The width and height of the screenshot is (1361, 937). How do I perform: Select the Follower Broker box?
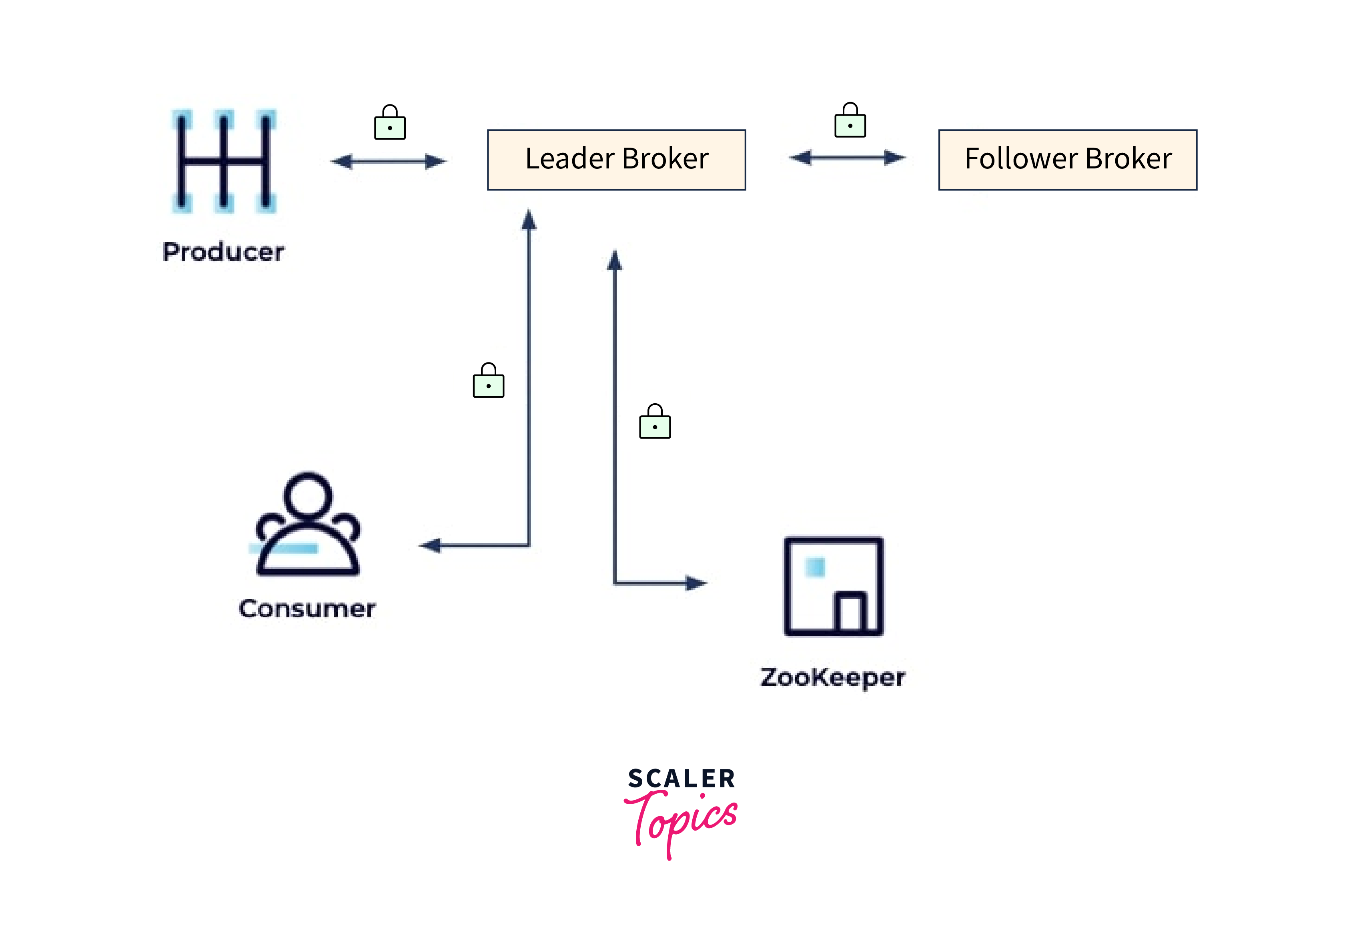tap(1067, 160)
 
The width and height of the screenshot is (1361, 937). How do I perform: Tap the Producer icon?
tap(224, 161)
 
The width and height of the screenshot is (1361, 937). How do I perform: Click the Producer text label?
tap(223, 252)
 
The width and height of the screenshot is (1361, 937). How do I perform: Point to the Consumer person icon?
tap(308, 525)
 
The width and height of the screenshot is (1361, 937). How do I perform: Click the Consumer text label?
tap(307, 609)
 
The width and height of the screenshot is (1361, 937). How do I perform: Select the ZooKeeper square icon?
tap(833, 586)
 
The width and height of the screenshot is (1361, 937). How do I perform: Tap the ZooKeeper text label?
tap(833, 677)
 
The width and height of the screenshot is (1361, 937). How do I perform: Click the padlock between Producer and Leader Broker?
tap(390, 123)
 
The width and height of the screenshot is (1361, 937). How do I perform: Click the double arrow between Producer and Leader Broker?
tap(389, 162)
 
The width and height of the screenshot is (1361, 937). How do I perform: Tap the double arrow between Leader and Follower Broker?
tap(847, 157)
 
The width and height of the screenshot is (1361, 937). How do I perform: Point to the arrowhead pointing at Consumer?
tap(430, 545)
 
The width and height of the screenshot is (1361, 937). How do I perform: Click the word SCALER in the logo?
tap(681, 779)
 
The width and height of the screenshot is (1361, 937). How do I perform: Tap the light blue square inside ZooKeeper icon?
tap(815, 567)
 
